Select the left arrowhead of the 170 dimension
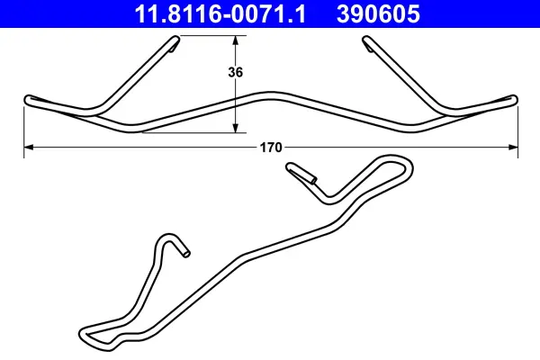28,146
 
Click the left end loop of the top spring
29,99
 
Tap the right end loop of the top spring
513,98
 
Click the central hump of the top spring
270,94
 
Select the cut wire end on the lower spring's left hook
185,253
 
